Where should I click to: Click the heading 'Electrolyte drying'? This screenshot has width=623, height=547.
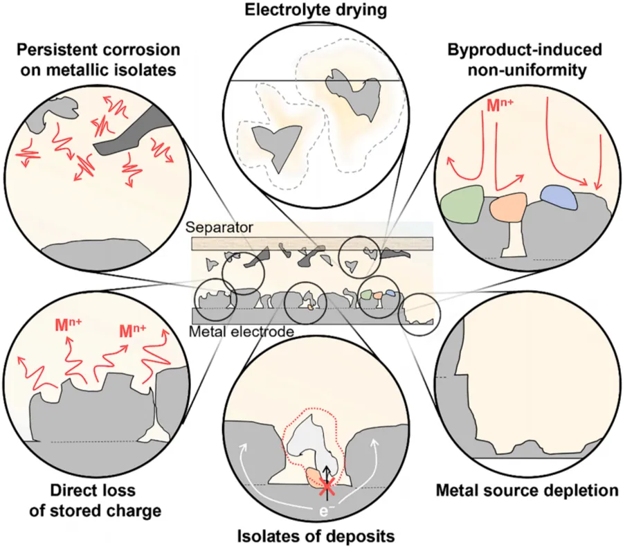pyautogui.click(x=311, y=10)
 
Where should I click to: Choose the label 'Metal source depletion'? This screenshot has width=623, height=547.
pyautogui.click(x=527, y=491)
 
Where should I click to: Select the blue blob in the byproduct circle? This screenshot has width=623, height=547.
pyautogui.click(x=560, y=198)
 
